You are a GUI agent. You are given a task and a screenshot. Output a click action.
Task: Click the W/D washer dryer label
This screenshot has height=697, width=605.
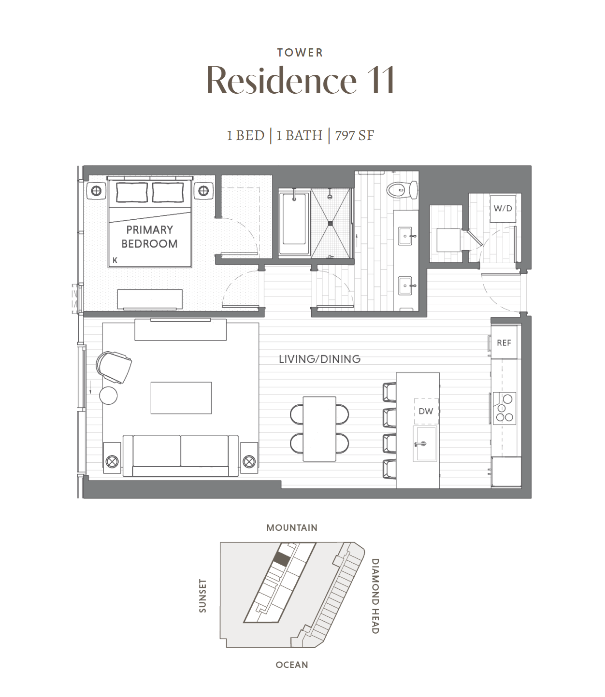[x=503, y=208]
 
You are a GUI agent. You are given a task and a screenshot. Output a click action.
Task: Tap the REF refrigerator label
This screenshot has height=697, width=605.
[x=504, y=343]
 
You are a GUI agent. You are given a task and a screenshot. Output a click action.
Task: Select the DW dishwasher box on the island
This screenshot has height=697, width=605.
[x=426, y=411]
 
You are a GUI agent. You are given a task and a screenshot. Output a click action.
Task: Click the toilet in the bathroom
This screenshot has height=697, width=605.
[x=402, y=190]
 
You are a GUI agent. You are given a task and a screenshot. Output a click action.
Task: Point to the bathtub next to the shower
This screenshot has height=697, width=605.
[x=294, y=223]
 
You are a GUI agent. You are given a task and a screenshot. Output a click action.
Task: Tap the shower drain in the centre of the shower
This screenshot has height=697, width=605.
[x=330, y=224]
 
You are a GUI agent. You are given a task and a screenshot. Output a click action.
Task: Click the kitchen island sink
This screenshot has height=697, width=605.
[x=425, y=443]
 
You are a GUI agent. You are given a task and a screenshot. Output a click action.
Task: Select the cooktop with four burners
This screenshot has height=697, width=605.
[x=504, y=408]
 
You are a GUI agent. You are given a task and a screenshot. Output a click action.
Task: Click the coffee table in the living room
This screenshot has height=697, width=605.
[x=181, y=398]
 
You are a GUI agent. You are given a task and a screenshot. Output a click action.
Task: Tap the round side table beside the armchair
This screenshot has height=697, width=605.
[x=108, y=396]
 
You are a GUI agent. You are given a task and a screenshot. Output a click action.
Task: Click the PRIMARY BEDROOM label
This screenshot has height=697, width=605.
[x=149, y=237]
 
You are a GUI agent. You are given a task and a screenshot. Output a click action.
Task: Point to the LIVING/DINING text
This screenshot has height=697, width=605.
[x=319, y=359]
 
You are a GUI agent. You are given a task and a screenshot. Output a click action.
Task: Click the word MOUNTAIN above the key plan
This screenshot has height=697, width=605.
[x=292, y=527]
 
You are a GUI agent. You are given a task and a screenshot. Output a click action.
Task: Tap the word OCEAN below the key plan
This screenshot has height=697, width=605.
[x=292, y=665]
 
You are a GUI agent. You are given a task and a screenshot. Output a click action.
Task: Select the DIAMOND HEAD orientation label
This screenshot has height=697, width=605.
[x=375, y=596]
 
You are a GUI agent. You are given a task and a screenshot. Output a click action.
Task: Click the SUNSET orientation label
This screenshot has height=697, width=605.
[x=202, y=596]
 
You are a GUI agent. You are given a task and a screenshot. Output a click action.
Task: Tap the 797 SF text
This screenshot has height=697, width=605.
[x=355, y=136]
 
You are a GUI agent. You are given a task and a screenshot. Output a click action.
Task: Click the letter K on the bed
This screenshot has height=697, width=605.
[x=115, y=260]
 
